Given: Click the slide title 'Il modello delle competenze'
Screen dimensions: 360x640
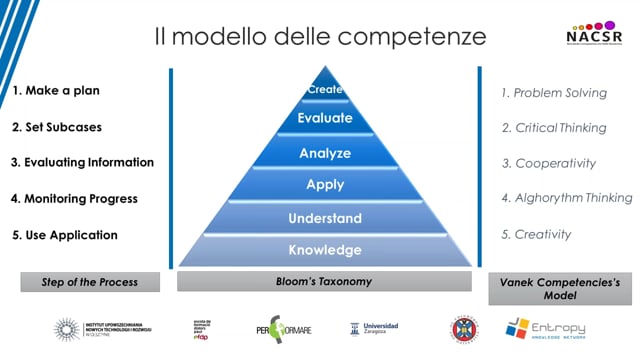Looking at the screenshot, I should click(320, 37).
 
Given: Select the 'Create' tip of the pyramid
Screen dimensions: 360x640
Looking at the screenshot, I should click(325, 90).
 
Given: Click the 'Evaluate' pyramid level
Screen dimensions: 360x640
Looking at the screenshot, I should click(325, 118).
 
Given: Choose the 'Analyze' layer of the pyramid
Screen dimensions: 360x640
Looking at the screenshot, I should click(325, 153).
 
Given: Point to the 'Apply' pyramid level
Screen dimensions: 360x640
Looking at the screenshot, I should click(325, 185).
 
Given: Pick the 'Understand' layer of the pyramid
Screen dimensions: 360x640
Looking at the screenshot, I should click(325, 218).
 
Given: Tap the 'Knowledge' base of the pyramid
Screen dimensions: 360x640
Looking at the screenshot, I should click(325, 250).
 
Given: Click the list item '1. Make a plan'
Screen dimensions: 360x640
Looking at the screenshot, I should click(56, 90).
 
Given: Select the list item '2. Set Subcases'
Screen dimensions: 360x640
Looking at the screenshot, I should click(56, 127).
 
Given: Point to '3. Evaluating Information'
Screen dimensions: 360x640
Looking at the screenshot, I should click(82, 162).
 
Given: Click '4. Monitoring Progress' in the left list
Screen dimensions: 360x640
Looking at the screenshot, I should click(74, 198).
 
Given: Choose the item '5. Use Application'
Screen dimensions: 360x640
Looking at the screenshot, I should click(64, 235).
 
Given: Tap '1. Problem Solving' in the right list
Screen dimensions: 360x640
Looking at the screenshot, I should click(554, 93).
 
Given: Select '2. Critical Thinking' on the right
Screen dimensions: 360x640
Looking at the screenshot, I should click(554, 128).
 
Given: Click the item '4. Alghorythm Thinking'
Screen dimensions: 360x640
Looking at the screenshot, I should click(566, 198).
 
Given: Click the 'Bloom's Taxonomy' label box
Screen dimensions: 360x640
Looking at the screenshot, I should click(325, 282).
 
